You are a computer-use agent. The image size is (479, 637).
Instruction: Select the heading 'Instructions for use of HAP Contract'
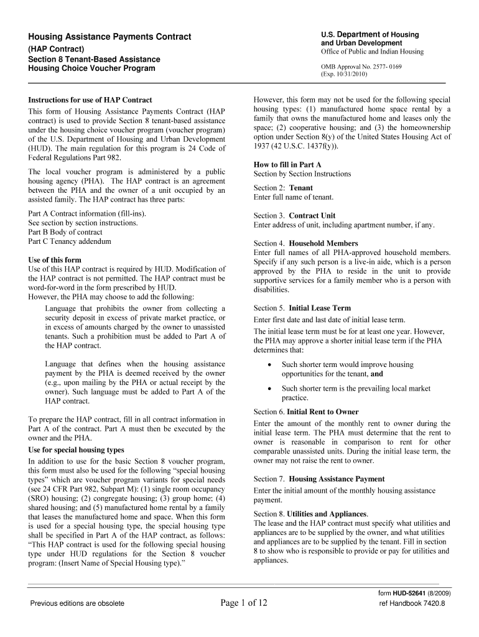[90, 100]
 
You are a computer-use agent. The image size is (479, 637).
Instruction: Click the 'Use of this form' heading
[55, 259]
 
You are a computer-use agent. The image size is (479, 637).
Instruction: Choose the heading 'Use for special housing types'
[76, 450]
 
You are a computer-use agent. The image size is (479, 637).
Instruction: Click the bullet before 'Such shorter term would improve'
[268, 365]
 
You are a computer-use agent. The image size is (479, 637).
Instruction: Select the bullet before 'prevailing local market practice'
[268, 389]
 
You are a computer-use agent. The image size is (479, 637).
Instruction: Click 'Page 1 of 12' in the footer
[244, 602]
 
